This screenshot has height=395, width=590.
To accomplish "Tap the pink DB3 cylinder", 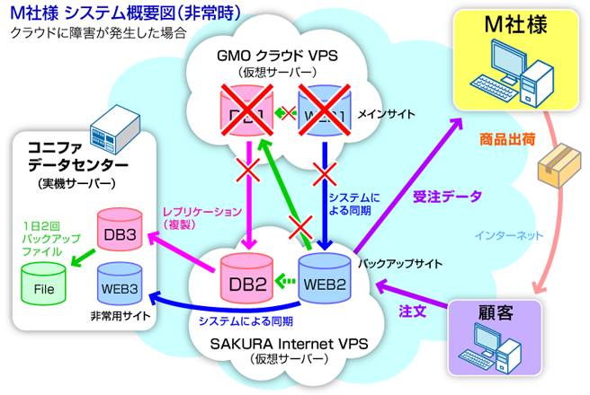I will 120,233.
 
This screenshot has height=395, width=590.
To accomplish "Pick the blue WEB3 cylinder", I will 119,285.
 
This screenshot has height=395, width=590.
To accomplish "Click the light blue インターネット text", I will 508,236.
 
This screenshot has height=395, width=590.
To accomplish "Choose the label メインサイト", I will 386,114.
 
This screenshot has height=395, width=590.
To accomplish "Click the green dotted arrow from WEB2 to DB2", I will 284,280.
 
